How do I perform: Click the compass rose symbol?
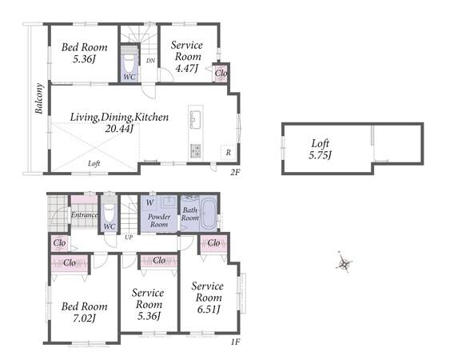point(344,262)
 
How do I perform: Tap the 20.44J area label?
point(119,129)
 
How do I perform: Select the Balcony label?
point(39,98)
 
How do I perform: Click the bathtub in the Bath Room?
point(208,213)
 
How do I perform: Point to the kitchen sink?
point(196,119)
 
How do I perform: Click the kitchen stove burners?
point(196,151)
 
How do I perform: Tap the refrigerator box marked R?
point(228,153)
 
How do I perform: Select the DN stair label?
point(151,61)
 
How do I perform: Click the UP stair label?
point(129,238)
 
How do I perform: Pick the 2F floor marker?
point(235,172)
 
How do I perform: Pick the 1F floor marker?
point(235,342)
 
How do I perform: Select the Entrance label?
point(85,215)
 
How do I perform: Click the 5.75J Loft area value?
point(320,155)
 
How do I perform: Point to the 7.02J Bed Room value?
point(84,318)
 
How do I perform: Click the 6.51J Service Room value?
point(209,309)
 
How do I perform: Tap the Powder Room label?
point(159,220)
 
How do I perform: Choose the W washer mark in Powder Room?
point(149,202)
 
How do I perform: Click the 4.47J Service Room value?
point(186,68)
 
